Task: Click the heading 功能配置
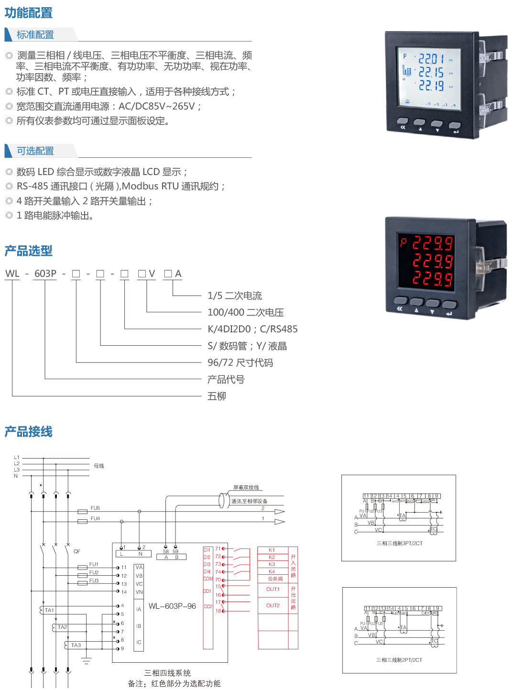pos(29,13)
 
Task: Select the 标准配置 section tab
pos(35,34)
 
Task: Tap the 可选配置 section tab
pos(35,151)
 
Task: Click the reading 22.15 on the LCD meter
pos(431,73)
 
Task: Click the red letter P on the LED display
pos(403,242)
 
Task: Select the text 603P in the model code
pos(45,274)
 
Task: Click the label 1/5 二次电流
pos(235,296)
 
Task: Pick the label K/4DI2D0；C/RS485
pos(252,329)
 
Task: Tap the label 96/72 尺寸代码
pos(240,362)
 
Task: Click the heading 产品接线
pos(29,432)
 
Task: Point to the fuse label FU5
pos(95,508)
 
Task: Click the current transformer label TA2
pos(63,626)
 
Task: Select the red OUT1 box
pos(273,589)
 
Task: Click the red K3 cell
pos(272,564)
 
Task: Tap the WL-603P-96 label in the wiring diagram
pos(172,606)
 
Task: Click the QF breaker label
pos(77,551)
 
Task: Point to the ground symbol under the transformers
pos(86,660)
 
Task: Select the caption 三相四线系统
pos(167,673)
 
